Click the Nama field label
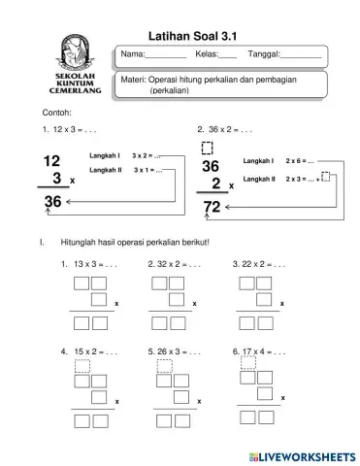(x=133, y=53)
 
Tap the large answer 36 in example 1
(x=52, y=201)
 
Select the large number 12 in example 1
(x=52, y=160)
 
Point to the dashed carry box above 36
(x=206, y=148)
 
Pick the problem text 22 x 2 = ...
(x=259, y=264)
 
